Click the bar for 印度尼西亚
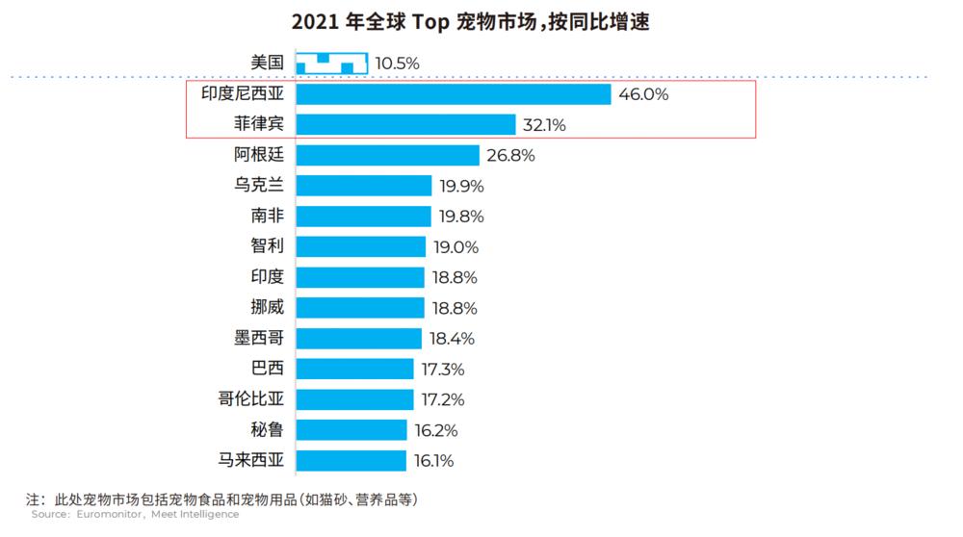point(453,94)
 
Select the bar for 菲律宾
point(405,125)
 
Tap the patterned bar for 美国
point(331,64)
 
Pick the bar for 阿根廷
point(387,155)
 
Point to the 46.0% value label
point(644,94)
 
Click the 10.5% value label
point(397,64)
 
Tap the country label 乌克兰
point(260,186)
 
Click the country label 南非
point(268,216)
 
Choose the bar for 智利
point(360,246)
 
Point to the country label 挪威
point(268,307)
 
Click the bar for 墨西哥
point(358,338)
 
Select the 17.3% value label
point(443,369)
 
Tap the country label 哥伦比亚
point(252,398)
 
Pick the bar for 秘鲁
point(352,429)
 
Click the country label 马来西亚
point(252,460)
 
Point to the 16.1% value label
point(433,460)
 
